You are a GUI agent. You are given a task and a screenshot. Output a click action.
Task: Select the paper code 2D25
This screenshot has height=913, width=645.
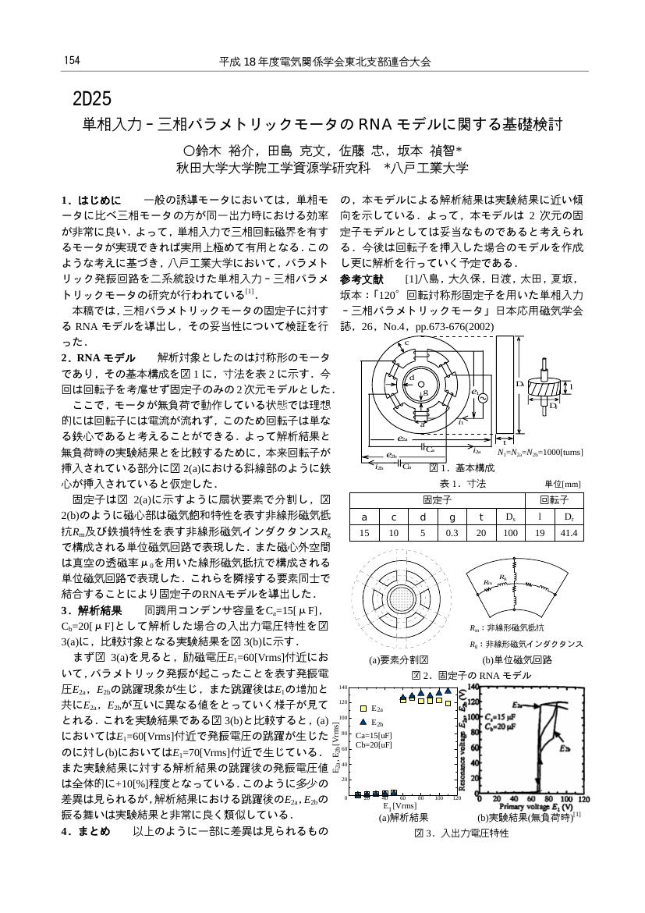point(92,99)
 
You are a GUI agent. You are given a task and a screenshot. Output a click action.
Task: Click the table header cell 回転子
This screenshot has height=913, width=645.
point(554,499)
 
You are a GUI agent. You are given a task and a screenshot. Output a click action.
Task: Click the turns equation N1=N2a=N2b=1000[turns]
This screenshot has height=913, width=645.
point(540,453)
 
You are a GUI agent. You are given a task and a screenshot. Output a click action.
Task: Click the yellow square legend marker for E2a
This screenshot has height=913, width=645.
point(363,708)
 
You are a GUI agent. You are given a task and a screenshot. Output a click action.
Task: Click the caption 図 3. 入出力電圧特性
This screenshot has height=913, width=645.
point(461,833)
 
